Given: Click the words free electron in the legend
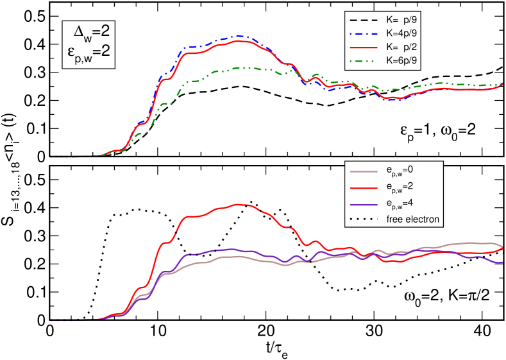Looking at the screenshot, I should click(412, 219).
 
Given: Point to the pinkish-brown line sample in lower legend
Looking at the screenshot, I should click(364, 171).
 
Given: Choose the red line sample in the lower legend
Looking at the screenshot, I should click(364, 187).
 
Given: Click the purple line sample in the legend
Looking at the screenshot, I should click(364, 203).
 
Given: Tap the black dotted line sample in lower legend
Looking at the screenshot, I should click(364, 219).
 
